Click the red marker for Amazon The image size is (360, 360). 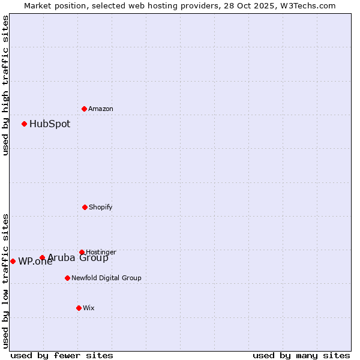(84, 109)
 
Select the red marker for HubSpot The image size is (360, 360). (24, 124)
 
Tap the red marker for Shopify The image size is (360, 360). (85, 207)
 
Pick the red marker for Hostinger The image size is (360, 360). (82, 252)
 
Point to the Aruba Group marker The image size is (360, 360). (42, 258)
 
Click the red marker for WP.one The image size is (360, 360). (13, 261)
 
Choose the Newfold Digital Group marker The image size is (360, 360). (67, 278)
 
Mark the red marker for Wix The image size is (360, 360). (79, 308)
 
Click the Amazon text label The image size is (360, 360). (101, 109)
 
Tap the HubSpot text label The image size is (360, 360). (50, 124)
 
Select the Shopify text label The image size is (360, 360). (101, 207)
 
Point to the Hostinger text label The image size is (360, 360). (101, 252)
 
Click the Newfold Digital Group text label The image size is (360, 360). (106, 278)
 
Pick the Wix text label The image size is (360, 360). (89, 308)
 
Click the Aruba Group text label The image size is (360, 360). (78, 258)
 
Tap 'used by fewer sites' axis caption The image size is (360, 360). (62, 356)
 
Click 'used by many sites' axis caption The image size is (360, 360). (301, 356)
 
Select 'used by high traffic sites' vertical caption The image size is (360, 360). (5, 85)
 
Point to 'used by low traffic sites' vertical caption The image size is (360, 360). (5, 281)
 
